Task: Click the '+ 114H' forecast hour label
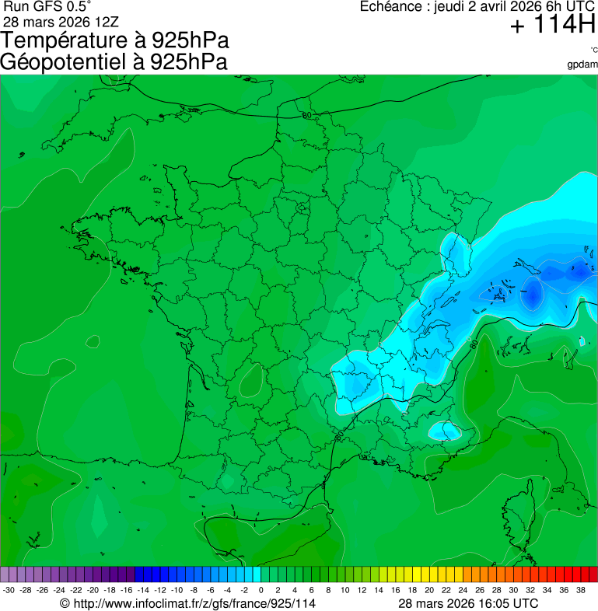pyautogui.click(x=553, y=26)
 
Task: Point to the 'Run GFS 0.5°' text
pyautogui.click(x=47, y=7)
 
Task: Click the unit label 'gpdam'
pyautogui.click(x=582, y=64)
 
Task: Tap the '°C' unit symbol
pyautogui.click(x=593, y=50)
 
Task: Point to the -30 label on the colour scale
pyautogui.click(x=9, y=590)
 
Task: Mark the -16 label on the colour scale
pyautogui.click(x=127, y=590)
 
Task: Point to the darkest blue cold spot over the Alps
pyautogui.click(x=533, y=294)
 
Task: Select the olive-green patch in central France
pyautogui.click(x=250, y=382)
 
